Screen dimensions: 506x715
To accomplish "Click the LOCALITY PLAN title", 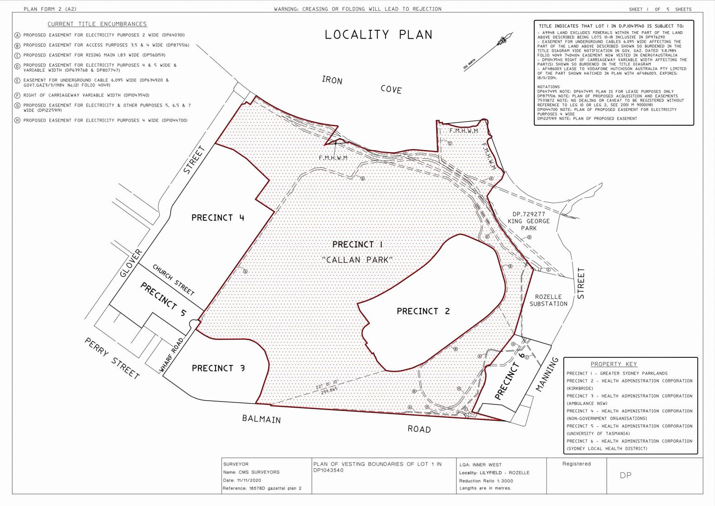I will pyautogui.click(x=378, y=35).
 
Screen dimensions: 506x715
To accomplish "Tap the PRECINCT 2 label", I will pyautogui.click(x=423, y=311).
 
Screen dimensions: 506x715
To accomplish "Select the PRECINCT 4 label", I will pyautogui.click(x=217, y=218).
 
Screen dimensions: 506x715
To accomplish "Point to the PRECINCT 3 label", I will pyautogui.click(x=218, y=368).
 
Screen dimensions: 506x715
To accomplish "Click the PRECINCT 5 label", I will pyautogui.click(x=163, y=299).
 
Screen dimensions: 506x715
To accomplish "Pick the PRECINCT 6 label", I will pyautogui.click(x=510, y=376).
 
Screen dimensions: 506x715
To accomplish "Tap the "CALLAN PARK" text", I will pyautogui.click(x=357, y=260).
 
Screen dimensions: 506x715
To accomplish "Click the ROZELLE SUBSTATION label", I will pyautogui.click(x=548, y=300).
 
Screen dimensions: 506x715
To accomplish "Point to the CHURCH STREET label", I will pyautogui.click(x=173, y=280).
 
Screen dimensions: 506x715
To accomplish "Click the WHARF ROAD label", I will pyautogui.click(x=171, y=355).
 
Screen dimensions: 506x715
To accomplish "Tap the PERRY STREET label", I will pyautogui.click(x=112, y=358).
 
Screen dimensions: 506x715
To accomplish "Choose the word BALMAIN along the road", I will pyautogui.click(x=261, y=419).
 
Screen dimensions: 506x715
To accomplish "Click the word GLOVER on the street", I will pyautogui.click(x=131, y=263).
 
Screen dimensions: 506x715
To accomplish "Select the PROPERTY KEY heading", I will pyautogui.click(x=614, y=364).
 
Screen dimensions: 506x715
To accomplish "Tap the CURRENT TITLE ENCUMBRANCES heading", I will pyautogui.click(x=97, y=24).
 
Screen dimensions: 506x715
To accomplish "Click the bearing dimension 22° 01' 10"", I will pyautogui.click(x=326, y=386).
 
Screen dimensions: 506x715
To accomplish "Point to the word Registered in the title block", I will pyautogui.click(x=576, y=464).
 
